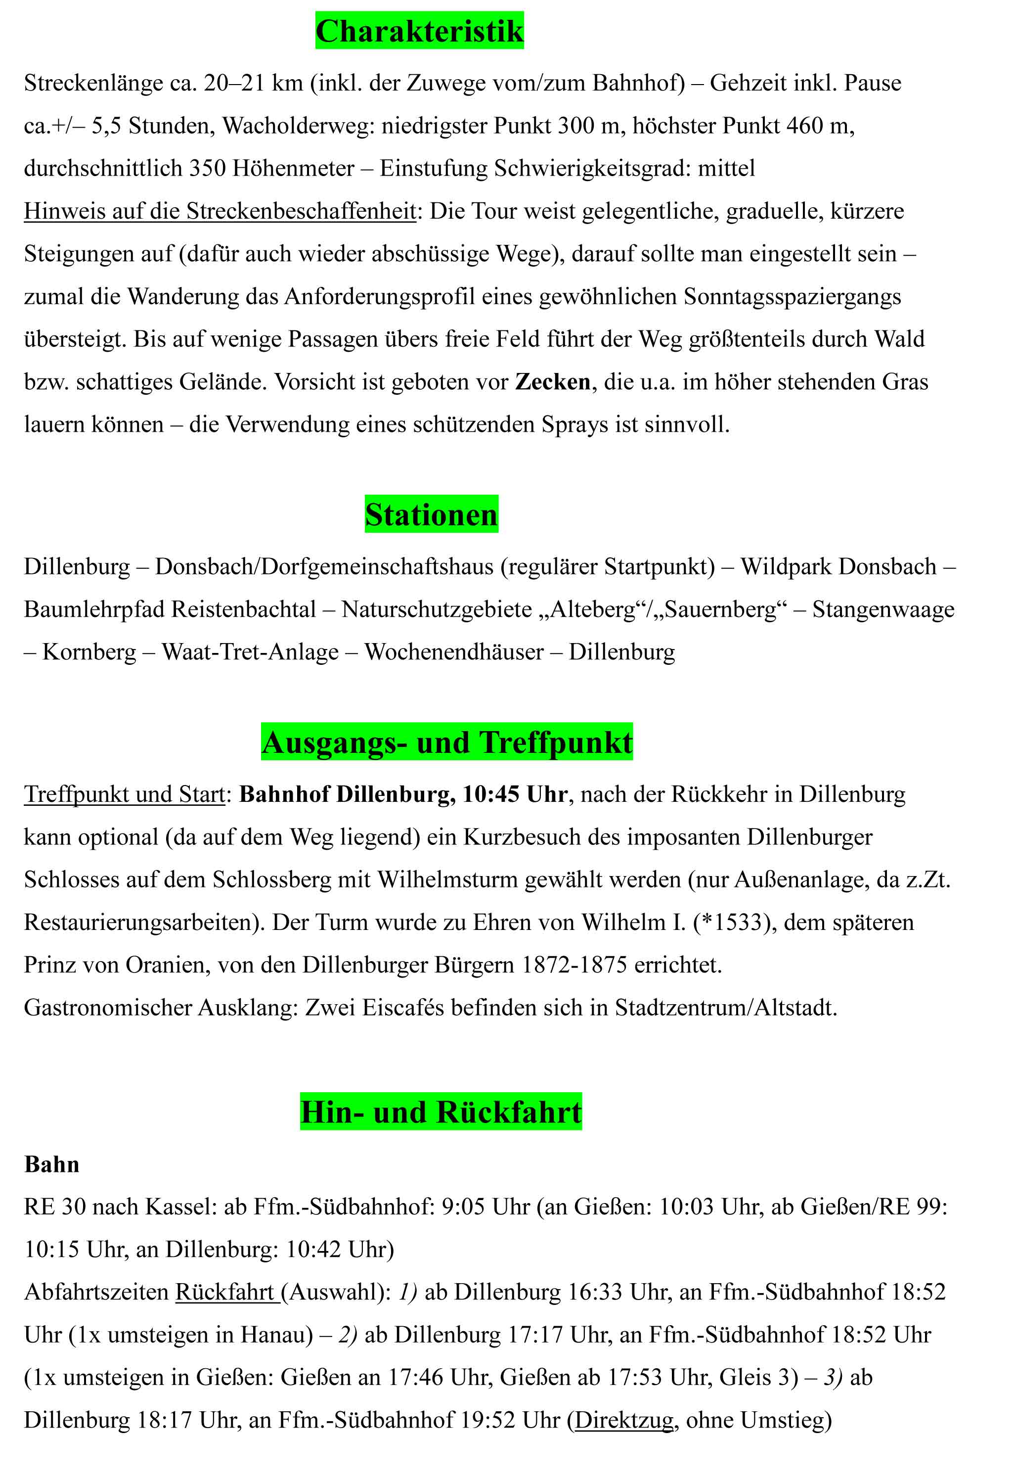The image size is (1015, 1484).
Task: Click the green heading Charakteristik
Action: pyautogui.click(x=419, y=31)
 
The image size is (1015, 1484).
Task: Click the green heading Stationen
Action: pyautogui.click(x=431, y=514)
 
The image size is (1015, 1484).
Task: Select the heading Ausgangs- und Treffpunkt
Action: pyautogui.click(x=446, y=742)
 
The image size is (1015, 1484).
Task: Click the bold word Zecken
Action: pyautogui.click(x=553, y=382)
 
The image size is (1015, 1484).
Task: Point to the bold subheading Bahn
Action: pyautogui.click(x=52, y=1164)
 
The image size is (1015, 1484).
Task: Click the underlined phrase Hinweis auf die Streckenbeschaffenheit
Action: pyautogui.click(x=220, y=211)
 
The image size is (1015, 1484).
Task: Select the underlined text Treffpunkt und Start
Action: pyautogui.click(x=125, y=794)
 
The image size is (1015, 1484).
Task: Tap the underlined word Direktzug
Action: pyautogui.click(x=623, y=1420)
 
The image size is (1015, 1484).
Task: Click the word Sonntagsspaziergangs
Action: pyautogui.click(x=792, y=296)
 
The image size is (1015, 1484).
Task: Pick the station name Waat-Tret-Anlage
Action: pyautogui.click(x=250, y=652)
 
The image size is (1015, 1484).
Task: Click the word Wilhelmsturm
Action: pyautogui.click(x=447, y=880)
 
